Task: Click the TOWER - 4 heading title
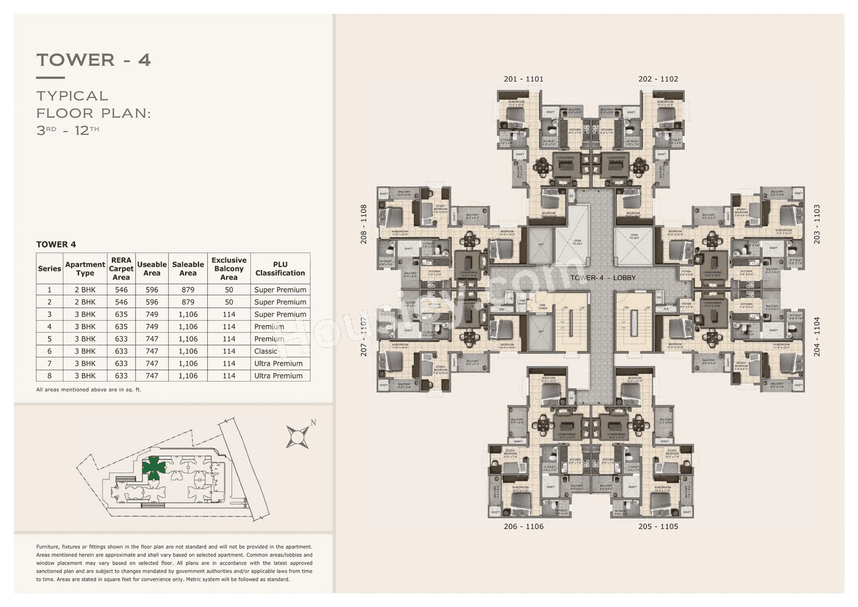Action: (94, 60)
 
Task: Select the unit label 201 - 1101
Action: (524, 79)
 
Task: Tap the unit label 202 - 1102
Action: (658, 79)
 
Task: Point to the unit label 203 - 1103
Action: (816, 224)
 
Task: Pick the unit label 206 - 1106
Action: (524, 527)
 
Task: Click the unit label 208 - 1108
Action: (364, 224)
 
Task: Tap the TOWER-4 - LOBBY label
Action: (603, 277)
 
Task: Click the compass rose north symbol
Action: (298, 437)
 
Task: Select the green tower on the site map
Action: (154, 467)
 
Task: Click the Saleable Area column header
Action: (188, 269)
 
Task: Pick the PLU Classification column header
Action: (280, 269)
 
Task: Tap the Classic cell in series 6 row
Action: (265, 351)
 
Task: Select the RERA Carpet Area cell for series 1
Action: (121, 290)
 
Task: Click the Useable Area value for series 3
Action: (151, 315)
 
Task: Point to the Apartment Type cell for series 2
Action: (85, 302)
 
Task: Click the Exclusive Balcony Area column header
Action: (229, 269)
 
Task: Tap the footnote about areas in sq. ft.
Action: (88, 390)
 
